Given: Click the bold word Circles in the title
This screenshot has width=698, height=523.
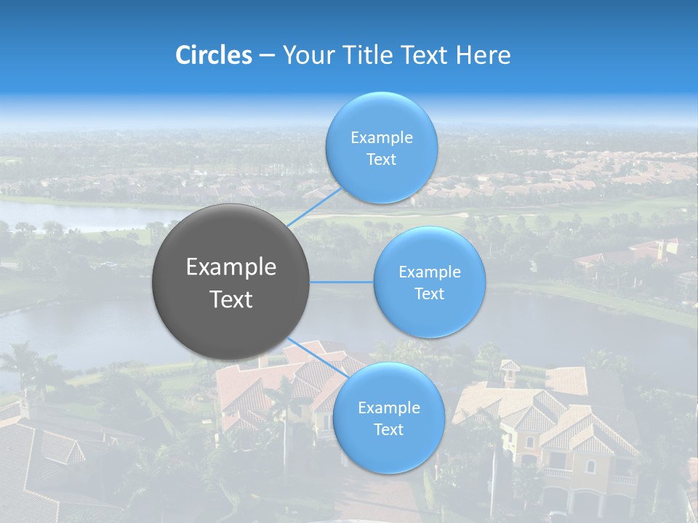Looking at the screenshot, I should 214,55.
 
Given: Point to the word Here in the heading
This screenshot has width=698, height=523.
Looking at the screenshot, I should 484,55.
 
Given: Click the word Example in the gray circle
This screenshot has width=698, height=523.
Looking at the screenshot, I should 231,267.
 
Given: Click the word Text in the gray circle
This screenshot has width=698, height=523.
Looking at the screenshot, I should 231,299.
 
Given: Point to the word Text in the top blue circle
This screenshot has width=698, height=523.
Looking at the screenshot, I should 381,160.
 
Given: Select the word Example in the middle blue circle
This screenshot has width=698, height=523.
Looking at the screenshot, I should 430,272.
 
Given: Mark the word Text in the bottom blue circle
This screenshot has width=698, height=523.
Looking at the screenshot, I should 389,430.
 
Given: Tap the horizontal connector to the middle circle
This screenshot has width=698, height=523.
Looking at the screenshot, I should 342,282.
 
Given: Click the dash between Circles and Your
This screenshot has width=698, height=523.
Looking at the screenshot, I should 267,56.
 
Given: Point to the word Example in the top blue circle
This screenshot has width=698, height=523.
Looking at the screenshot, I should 381,138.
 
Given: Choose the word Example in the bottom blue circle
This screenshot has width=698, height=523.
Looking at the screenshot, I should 389,408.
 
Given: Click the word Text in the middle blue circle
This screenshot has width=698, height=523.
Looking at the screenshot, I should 430,294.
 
